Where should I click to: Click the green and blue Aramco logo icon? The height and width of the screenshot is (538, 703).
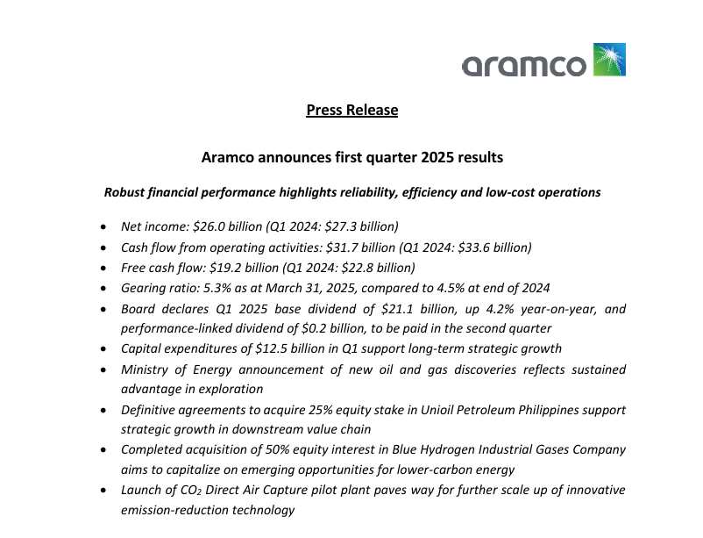[609, 60]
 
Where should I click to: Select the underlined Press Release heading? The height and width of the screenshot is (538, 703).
[351, 110]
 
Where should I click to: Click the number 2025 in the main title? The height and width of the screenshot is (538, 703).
[439, 158]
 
